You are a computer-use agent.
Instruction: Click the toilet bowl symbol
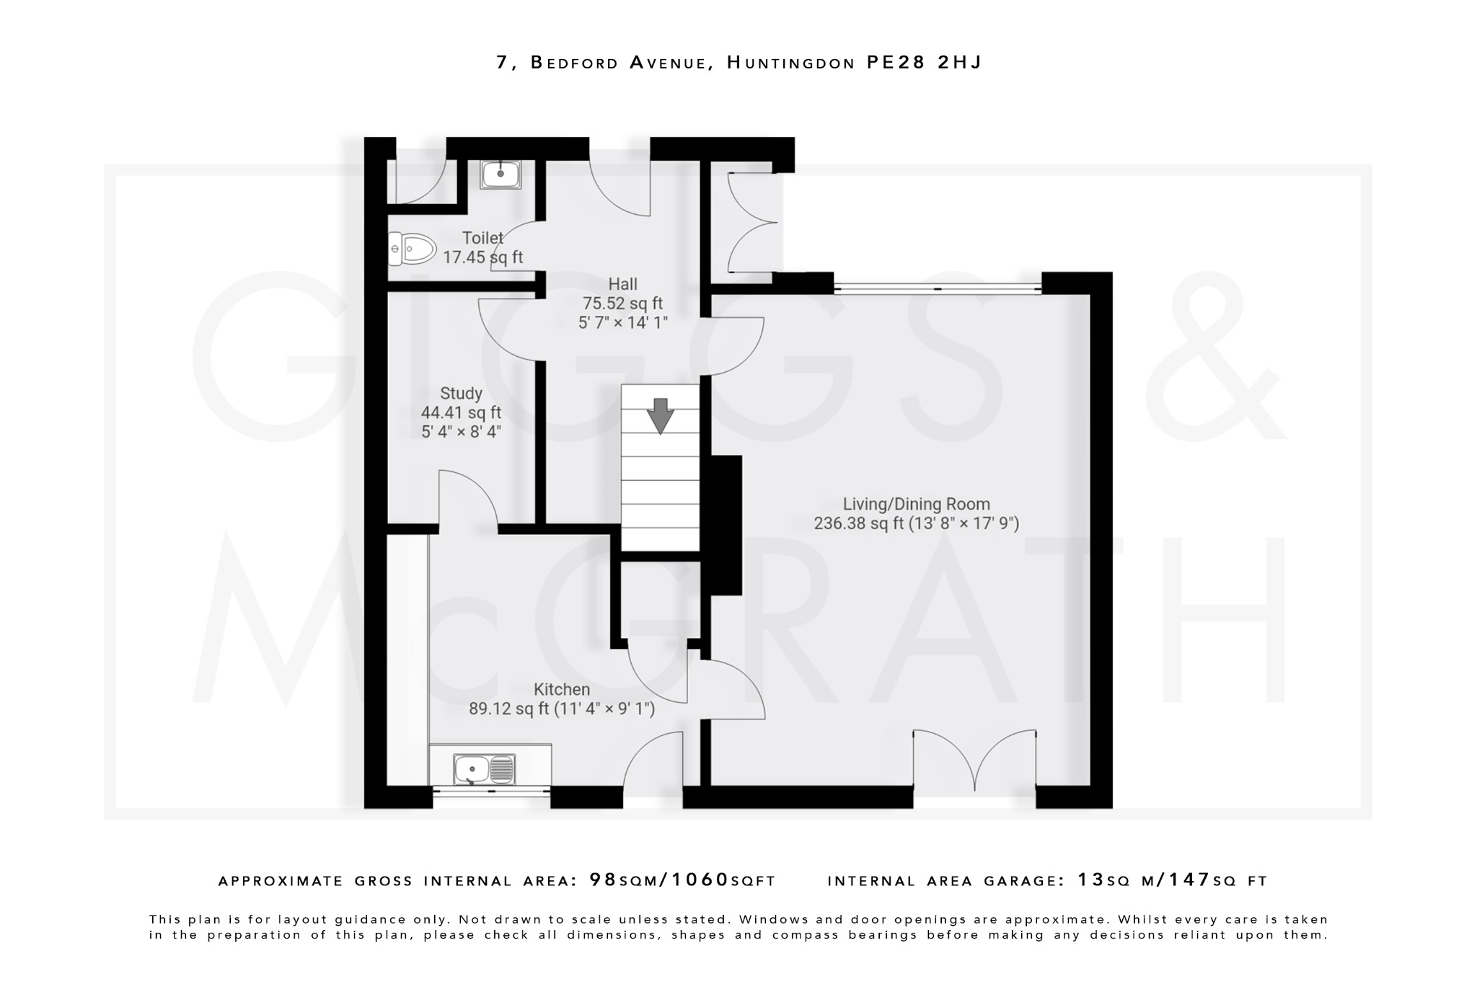[413, 249]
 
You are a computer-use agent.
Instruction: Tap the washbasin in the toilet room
[501, 174]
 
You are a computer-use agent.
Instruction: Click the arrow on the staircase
[660, 415]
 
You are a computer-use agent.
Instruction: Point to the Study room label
[461, 394]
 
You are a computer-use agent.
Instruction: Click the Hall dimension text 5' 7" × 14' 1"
[623, 322]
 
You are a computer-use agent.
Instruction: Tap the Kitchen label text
[562, 689]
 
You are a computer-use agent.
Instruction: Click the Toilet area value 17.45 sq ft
[482, 257]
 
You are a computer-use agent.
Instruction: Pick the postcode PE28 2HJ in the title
[924, 63]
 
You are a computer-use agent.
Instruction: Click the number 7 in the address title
[503, 63]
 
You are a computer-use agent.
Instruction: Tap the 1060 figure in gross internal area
[700, 879]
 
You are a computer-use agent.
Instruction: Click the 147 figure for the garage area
[1189, 879]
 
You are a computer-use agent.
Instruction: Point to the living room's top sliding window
[938, 289]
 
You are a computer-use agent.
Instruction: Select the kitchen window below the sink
[491, 791]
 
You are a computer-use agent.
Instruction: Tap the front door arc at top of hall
[621, 184]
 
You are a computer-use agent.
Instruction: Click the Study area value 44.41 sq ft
[461, 412]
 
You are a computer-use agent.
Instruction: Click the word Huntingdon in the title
[790, 63]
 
